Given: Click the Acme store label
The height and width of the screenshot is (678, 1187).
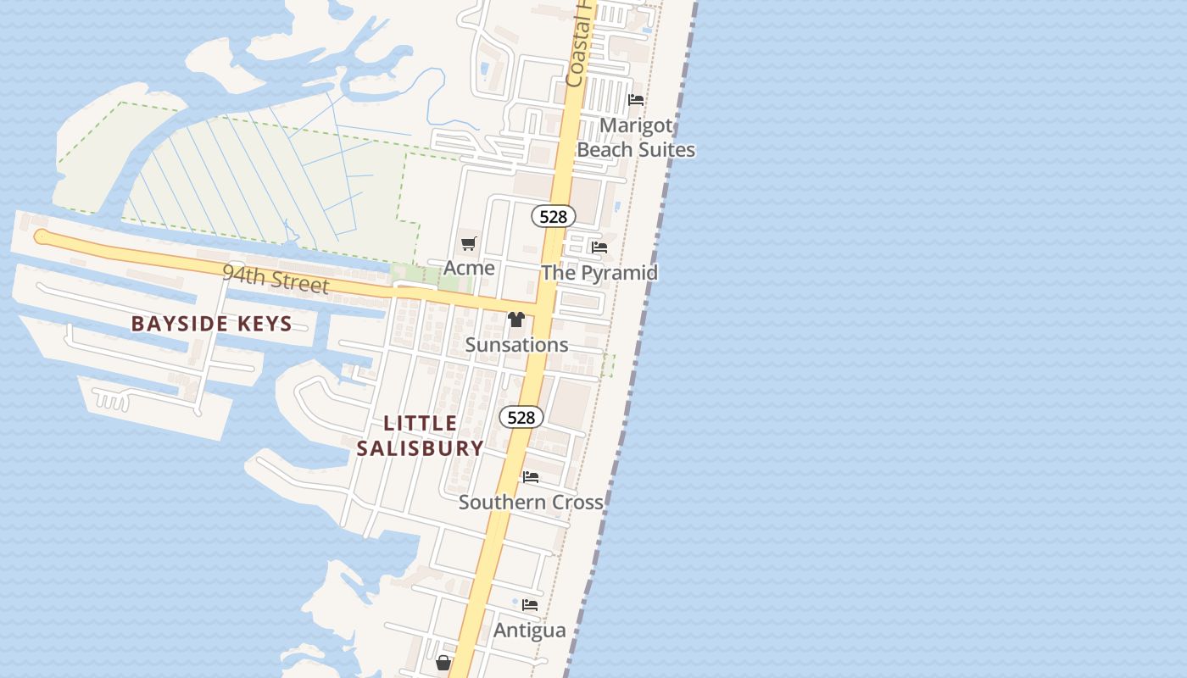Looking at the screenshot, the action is [469, 268].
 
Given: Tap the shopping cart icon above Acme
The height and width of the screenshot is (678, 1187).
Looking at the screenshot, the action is [469, 244].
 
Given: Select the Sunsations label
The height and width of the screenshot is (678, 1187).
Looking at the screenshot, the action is [516, 345].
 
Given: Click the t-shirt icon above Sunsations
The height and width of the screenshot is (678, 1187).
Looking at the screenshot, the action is [516, 320].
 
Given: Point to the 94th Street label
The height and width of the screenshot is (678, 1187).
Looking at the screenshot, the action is [276, 279].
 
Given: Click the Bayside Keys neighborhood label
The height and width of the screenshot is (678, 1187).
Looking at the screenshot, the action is [212, 324].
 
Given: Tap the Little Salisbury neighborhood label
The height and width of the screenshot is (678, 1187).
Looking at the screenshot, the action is [421, 436].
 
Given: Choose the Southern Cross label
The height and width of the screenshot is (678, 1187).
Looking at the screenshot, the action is [531, 502].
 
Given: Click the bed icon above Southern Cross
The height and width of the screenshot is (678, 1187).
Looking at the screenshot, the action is [531, 477].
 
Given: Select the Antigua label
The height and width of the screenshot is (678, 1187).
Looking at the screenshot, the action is [530, 631].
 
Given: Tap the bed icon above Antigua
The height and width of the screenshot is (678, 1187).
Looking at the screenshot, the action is [530, 605].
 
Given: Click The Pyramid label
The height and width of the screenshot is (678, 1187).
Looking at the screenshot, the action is [599, 273].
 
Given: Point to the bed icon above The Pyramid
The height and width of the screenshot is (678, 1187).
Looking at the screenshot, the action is [599, 247].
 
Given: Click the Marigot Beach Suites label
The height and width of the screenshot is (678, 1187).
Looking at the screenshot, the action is [636, 137].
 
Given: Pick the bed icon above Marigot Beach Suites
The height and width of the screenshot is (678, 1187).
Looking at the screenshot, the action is [636, 100].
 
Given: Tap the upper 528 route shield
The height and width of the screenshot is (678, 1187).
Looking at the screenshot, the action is [554, 216].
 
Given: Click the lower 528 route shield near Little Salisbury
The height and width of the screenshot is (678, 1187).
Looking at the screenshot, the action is [521, 417].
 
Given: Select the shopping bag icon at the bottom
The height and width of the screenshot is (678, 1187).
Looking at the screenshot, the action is [443, 663].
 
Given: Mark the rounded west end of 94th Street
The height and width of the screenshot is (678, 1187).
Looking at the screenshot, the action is [41, 236].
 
